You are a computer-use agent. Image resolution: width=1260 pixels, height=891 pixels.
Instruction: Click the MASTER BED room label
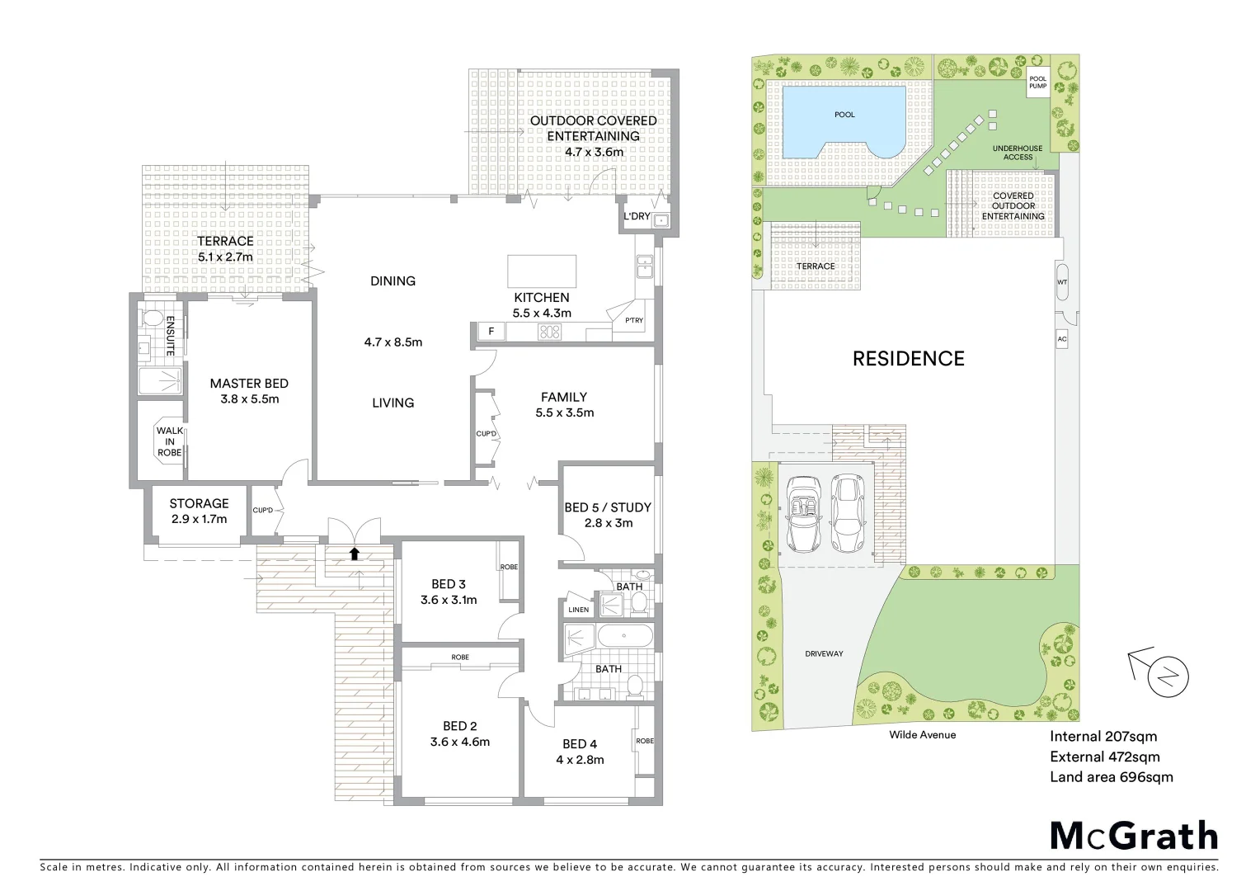[248, 391]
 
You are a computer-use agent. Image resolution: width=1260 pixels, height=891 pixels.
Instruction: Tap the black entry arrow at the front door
[355, 554]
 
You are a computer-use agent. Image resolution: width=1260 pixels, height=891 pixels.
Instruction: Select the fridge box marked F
[491, 332]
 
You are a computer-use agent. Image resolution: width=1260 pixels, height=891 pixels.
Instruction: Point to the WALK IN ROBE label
[170, 441]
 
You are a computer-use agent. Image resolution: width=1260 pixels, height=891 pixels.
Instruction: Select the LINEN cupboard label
[579, 610]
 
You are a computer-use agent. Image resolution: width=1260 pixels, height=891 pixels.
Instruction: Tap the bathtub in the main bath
[624, 636]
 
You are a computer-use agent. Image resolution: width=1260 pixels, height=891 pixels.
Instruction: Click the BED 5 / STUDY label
[608, 515]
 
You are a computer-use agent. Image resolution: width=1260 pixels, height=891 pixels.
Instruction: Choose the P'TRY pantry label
[633, 321]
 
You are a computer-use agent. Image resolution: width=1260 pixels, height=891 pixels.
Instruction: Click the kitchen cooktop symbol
[549, 332]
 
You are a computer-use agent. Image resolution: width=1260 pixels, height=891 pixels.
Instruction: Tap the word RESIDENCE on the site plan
[908, 358]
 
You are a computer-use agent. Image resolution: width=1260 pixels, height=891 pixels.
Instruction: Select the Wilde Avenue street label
[922, 734]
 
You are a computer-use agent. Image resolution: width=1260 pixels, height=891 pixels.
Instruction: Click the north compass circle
[1168, 678]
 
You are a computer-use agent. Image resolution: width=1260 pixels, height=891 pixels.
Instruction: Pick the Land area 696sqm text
[1111, 776]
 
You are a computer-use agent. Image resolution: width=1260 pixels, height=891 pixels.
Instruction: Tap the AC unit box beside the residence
[1062, 339]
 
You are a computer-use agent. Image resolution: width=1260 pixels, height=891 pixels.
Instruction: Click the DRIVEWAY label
[824, 653]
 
